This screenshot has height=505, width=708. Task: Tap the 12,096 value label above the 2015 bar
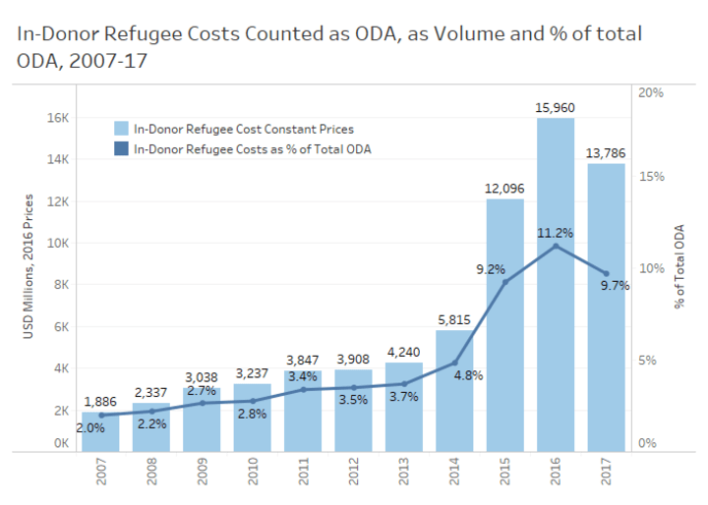click(x=505, y=189)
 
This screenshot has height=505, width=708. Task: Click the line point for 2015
click(x=505, y=282)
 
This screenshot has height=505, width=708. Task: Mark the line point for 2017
click(x=606, y=273)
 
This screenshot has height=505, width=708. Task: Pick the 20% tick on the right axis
click(x=653, y=92)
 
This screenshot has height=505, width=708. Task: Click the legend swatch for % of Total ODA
click(x=122, y=148)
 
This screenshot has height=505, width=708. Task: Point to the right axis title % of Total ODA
click(x=678, y=265)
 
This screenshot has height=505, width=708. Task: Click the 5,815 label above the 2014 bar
click(x=454, y=319)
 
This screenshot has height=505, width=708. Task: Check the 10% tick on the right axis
click(x=653, y=268)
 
